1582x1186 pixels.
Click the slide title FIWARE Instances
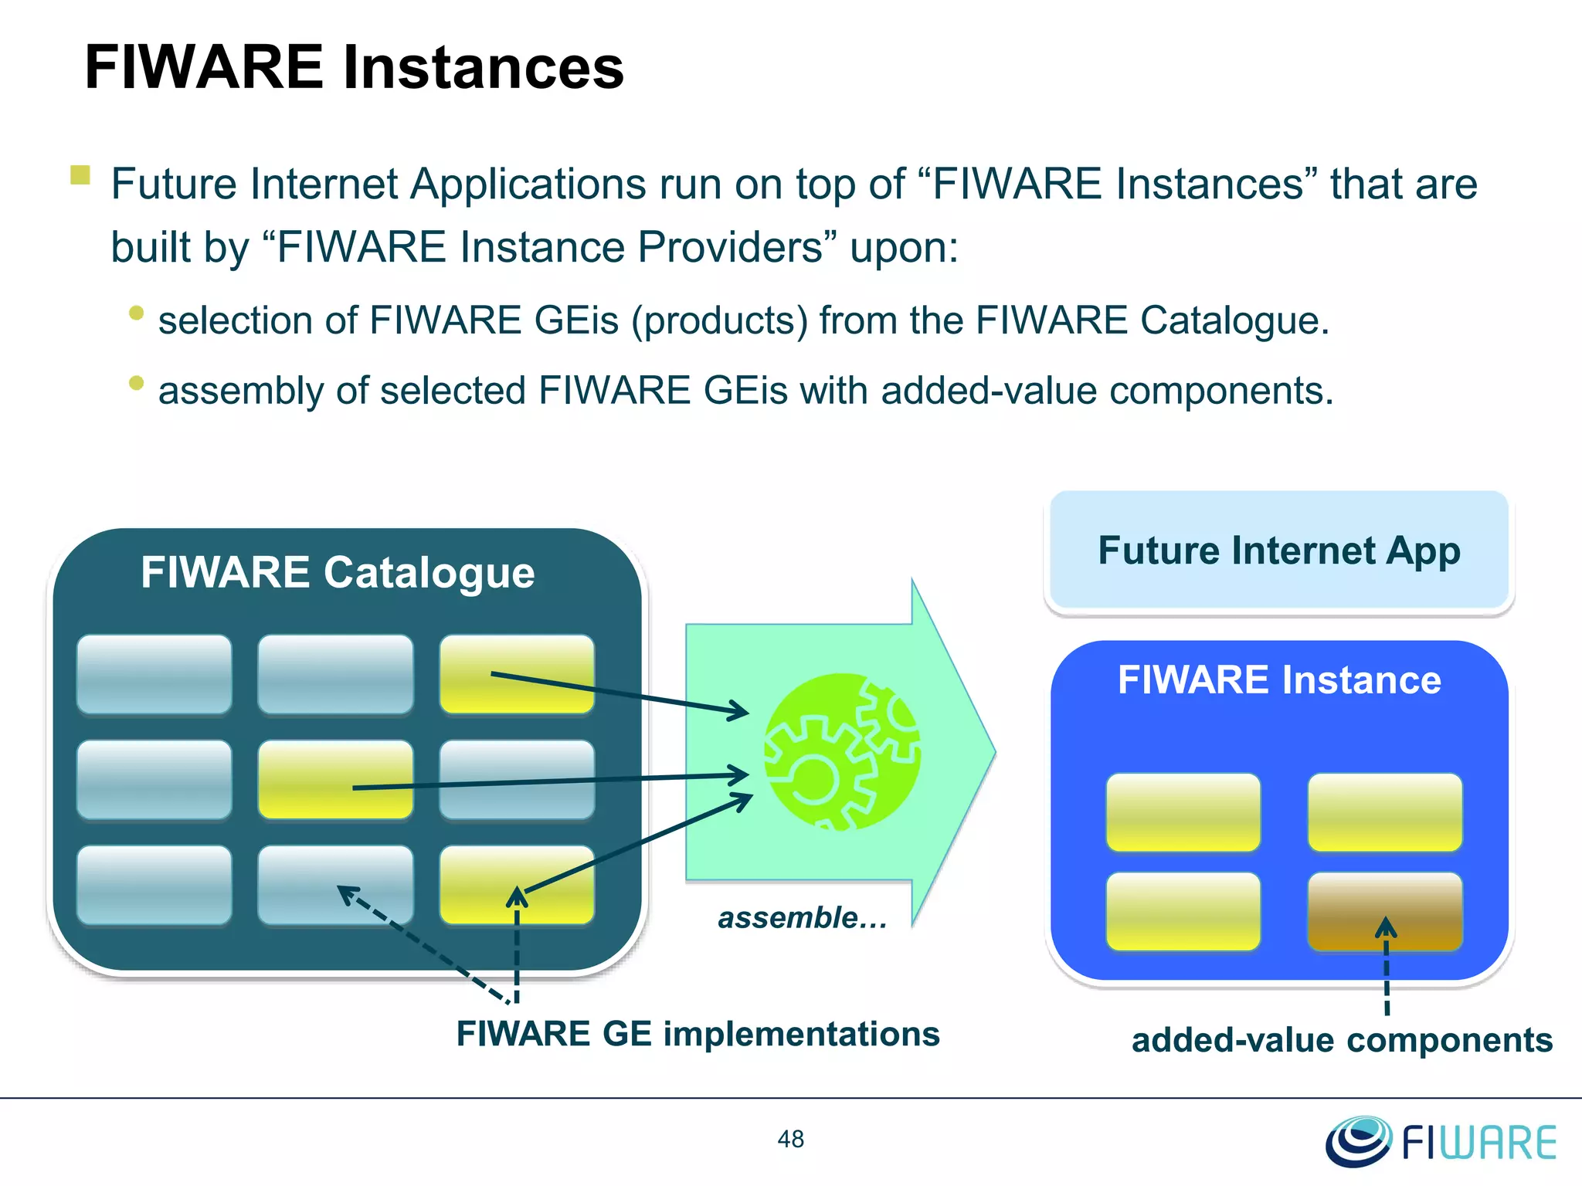pyautogui.click(x=354, y=67)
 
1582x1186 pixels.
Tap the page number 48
pyautogui.click(x=790, y=1139)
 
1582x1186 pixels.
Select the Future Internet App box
pyautogui.click(x=1278, y=551)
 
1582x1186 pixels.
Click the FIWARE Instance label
pyautogui.click(x=1278, y=680)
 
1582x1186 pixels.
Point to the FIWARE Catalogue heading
pyautogui.click(x=338, y=573)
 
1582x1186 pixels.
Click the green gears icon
pyautogui.click(x=842, y=751)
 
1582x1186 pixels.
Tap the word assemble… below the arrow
pyautogui.click(x=802, y=918)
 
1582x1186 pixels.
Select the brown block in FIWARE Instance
pyautogui.click(x=1384, y=911)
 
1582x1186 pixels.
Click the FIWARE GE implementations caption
pyautogui.click(x=698, y=1034)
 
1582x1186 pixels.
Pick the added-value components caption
pyautogui.click(x=1342, y=1040)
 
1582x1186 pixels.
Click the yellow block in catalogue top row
pyautogui.click(x=517, y=673)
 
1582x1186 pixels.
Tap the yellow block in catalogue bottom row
pyautogui.click(x=517, y=885)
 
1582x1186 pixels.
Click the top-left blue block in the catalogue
pyautogui.click(x=154, y=673)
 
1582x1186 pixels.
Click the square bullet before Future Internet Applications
pyautogui.click(x=80, y=175)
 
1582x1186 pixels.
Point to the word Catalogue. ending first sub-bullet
pyautogui.click(x=1234, y=320)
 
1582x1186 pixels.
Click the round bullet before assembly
pyautogui.click(x=137, y=383)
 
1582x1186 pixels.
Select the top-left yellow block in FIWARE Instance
pyautogui.click(x=1183, y=812)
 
